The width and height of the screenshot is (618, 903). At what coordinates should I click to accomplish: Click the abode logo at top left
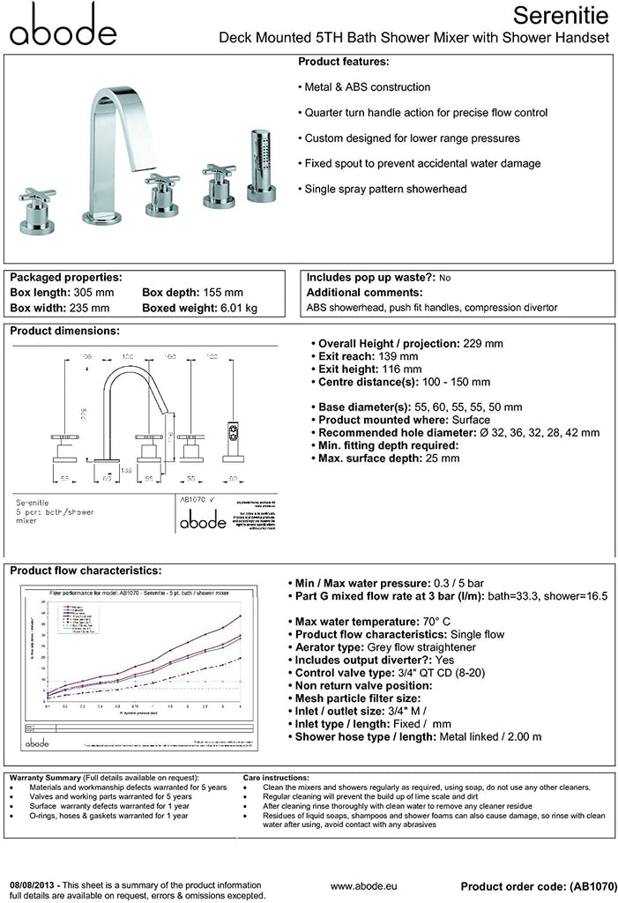pyautogui.click(x=63, y=25)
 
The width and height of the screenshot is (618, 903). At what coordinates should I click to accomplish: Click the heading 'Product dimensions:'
pyautogui.click(x=64, y=331)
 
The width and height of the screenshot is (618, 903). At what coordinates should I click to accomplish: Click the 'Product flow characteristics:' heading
pyautogui.click(x=86, y=571)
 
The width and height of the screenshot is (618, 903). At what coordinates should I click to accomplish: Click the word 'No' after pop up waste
pyautogui.click(x=444, y=278)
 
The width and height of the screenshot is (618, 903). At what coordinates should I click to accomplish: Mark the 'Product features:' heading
pyautogui.click(x=343, y=62)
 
